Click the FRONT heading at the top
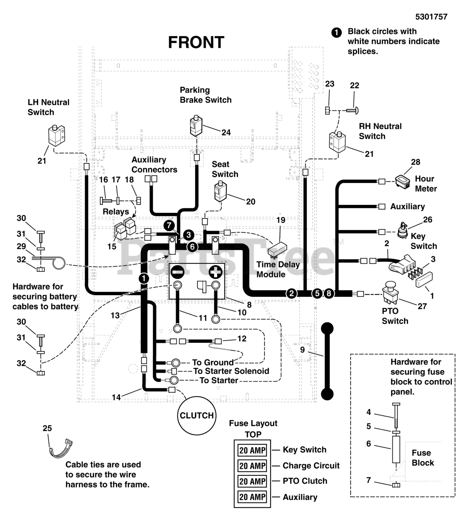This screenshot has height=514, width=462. coord(196,42)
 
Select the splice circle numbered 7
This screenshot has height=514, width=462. coord(169,225)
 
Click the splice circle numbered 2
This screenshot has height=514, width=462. coord(292,293)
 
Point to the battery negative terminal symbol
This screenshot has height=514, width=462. coord(177,272)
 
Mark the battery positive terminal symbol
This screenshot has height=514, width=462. coord(216,272)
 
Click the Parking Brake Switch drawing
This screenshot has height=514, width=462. coord(196,126)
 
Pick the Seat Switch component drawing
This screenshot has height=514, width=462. coord(221,191)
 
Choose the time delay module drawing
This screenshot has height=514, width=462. coord(277,249)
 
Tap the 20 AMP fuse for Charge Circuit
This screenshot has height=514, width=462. coord(253,466)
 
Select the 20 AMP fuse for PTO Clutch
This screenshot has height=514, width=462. coord(253,481)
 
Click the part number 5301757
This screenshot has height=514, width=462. coord(431,17)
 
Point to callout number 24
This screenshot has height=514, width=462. coord(226,132)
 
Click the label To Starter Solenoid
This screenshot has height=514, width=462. coord(231,371)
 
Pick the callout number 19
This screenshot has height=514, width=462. coord(281,220)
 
